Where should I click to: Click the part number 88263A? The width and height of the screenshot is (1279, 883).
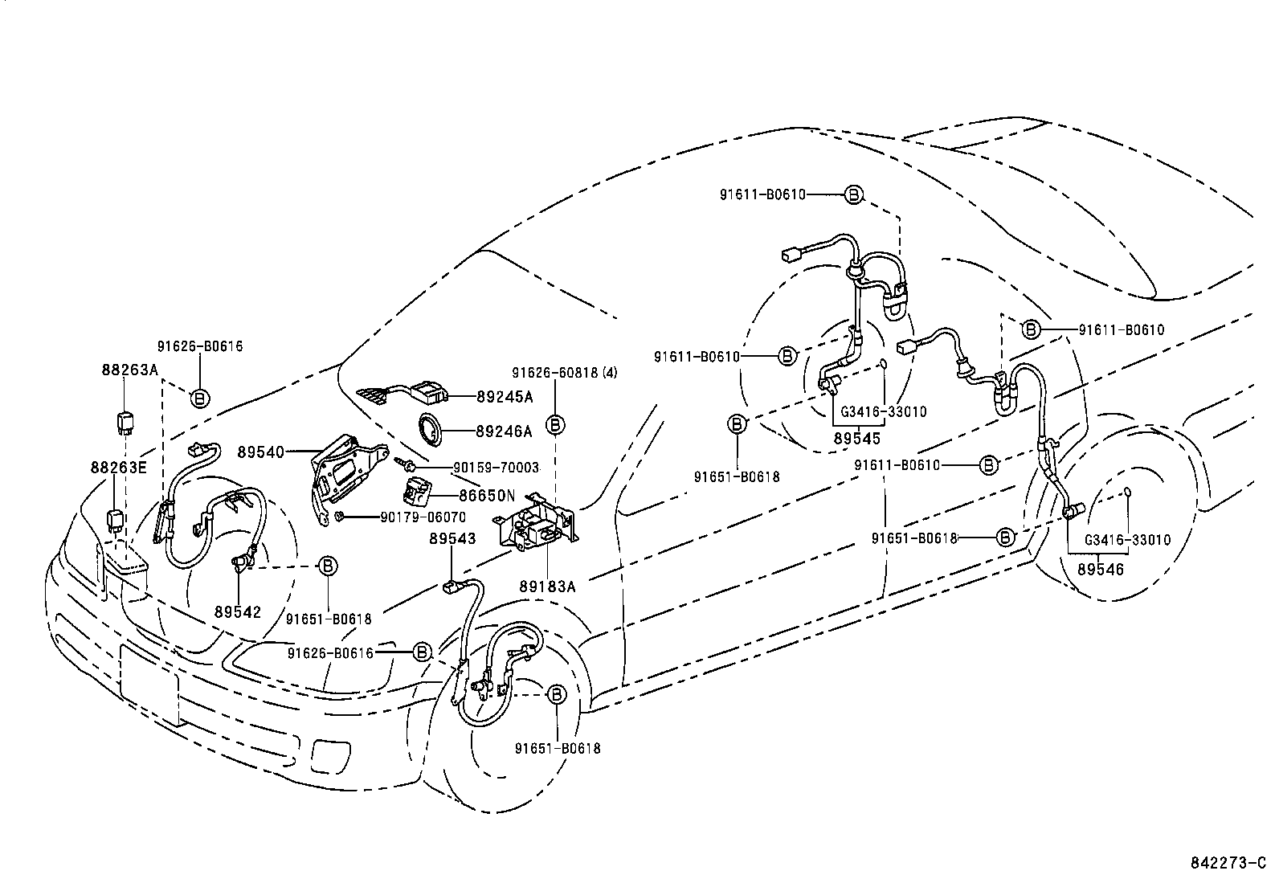(x=129, y=370)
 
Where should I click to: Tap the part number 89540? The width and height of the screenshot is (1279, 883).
(x=260, y=452)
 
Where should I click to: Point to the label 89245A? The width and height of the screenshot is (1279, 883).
(x=504, y=396)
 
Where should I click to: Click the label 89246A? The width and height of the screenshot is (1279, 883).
(x=504, y=431)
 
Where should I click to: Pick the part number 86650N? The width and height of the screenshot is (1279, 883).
(x=487, y=497)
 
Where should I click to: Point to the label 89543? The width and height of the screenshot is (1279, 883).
(x=452, y=538)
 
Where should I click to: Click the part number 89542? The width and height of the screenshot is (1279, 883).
(x=238, y=611)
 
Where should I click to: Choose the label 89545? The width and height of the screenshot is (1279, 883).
(x=856, y=439)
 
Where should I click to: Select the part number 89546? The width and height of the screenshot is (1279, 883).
(x=1100, y=569)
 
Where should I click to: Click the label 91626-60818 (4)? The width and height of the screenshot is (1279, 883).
(x=565, y=373)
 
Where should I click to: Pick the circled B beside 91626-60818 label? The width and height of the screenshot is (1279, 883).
(x=556, y=424)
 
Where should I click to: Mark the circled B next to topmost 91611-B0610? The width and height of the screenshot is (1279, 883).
(x=854, y=194)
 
